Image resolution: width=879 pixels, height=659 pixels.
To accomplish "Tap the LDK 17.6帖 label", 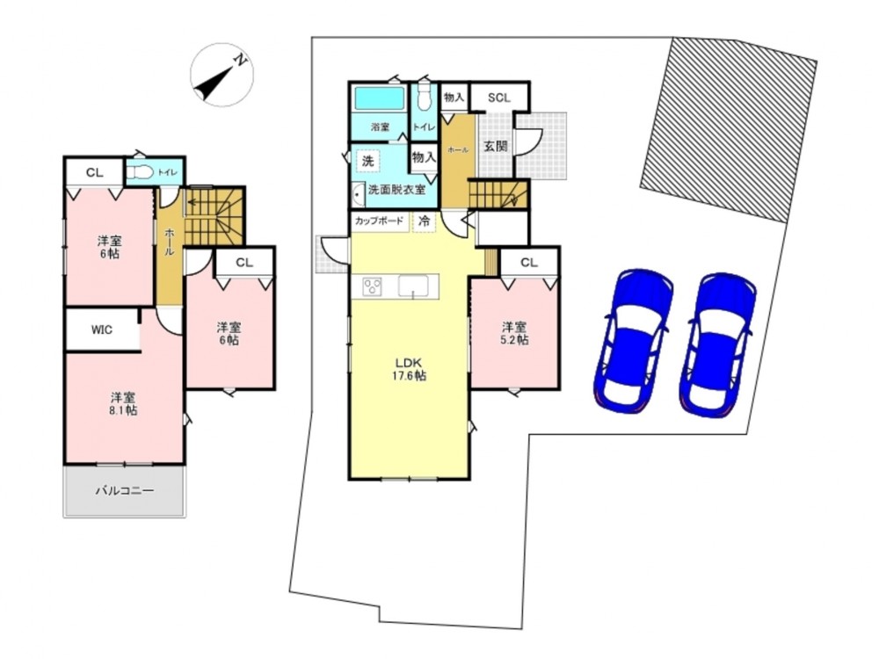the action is pos(409,369).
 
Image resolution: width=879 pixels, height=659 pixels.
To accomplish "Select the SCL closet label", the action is pos(499,98).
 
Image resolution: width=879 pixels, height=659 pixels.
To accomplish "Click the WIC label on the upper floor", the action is pos(101,330).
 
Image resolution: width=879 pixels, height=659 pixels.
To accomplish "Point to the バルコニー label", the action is pos(125,491).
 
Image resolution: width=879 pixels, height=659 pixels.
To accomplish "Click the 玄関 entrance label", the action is pos(496,146).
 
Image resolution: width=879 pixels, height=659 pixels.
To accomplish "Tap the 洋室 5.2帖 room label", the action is pos(514,333).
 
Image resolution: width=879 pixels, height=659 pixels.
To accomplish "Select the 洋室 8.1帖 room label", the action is pos(123,404).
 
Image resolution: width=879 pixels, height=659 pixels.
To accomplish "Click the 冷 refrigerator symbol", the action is pos(425,221).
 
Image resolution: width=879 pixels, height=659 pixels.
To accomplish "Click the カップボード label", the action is pos(379,221).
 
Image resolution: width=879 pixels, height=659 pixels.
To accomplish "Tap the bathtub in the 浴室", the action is pos(380,98).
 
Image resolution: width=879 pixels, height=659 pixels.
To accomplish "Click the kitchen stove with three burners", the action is pos(372,287).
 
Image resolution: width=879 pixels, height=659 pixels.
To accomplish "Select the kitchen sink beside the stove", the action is pos(413,286).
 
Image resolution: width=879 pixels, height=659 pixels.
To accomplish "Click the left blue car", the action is pos(634,340).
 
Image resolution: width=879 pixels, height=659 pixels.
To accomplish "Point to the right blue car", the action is pos(718,344).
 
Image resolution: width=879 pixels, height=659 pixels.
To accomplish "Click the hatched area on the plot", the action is pos(729,130).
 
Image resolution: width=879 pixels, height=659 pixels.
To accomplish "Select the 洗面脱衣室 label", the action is pos(397,190).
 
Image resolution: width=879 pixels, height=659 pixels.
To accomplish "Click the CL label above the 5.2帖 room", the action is pos(528,262).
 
